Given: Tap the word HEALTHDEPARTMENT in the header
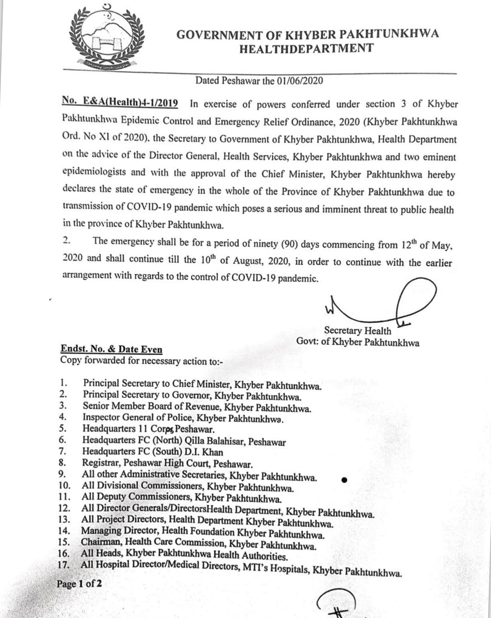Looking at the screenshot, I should (306, 48).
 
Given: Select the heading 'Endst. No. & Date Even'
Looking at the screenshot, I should (111, 350).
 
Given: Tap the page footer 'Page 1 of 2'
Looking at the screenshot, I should (79, 584).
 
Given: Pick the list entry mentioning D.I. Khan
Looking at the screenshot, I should (153, 452).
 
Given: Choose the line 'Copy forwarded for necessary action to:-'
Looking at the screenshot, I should (142, 361).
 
